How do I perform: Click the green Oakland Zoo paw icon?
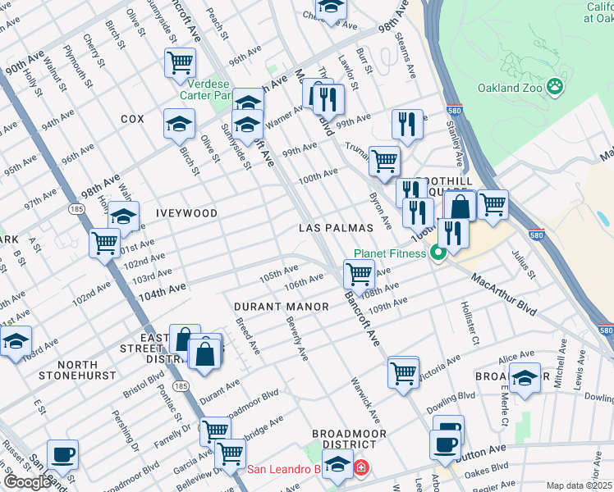(556, 84)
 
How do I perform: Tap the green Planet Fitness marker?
(438, 253)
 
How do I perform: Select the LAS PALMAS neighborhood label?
(336, 227)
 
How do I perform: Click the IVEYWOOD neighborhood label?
(186, 213)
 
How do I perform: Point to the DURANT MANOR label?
(282, 306)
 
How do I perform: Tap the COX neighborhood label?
(132, 119)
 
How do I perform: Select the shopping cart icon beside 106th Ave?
(358, 273)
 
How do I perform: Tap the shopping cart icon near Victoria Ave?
(403, 371)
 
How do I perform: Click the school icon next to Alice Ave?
(525, 378)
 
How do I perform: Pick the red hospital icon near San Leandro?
(360, 469)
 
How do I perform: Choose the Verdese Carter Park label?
(222, 89)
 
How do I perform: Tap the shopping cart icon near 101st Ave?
(105, 243)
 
